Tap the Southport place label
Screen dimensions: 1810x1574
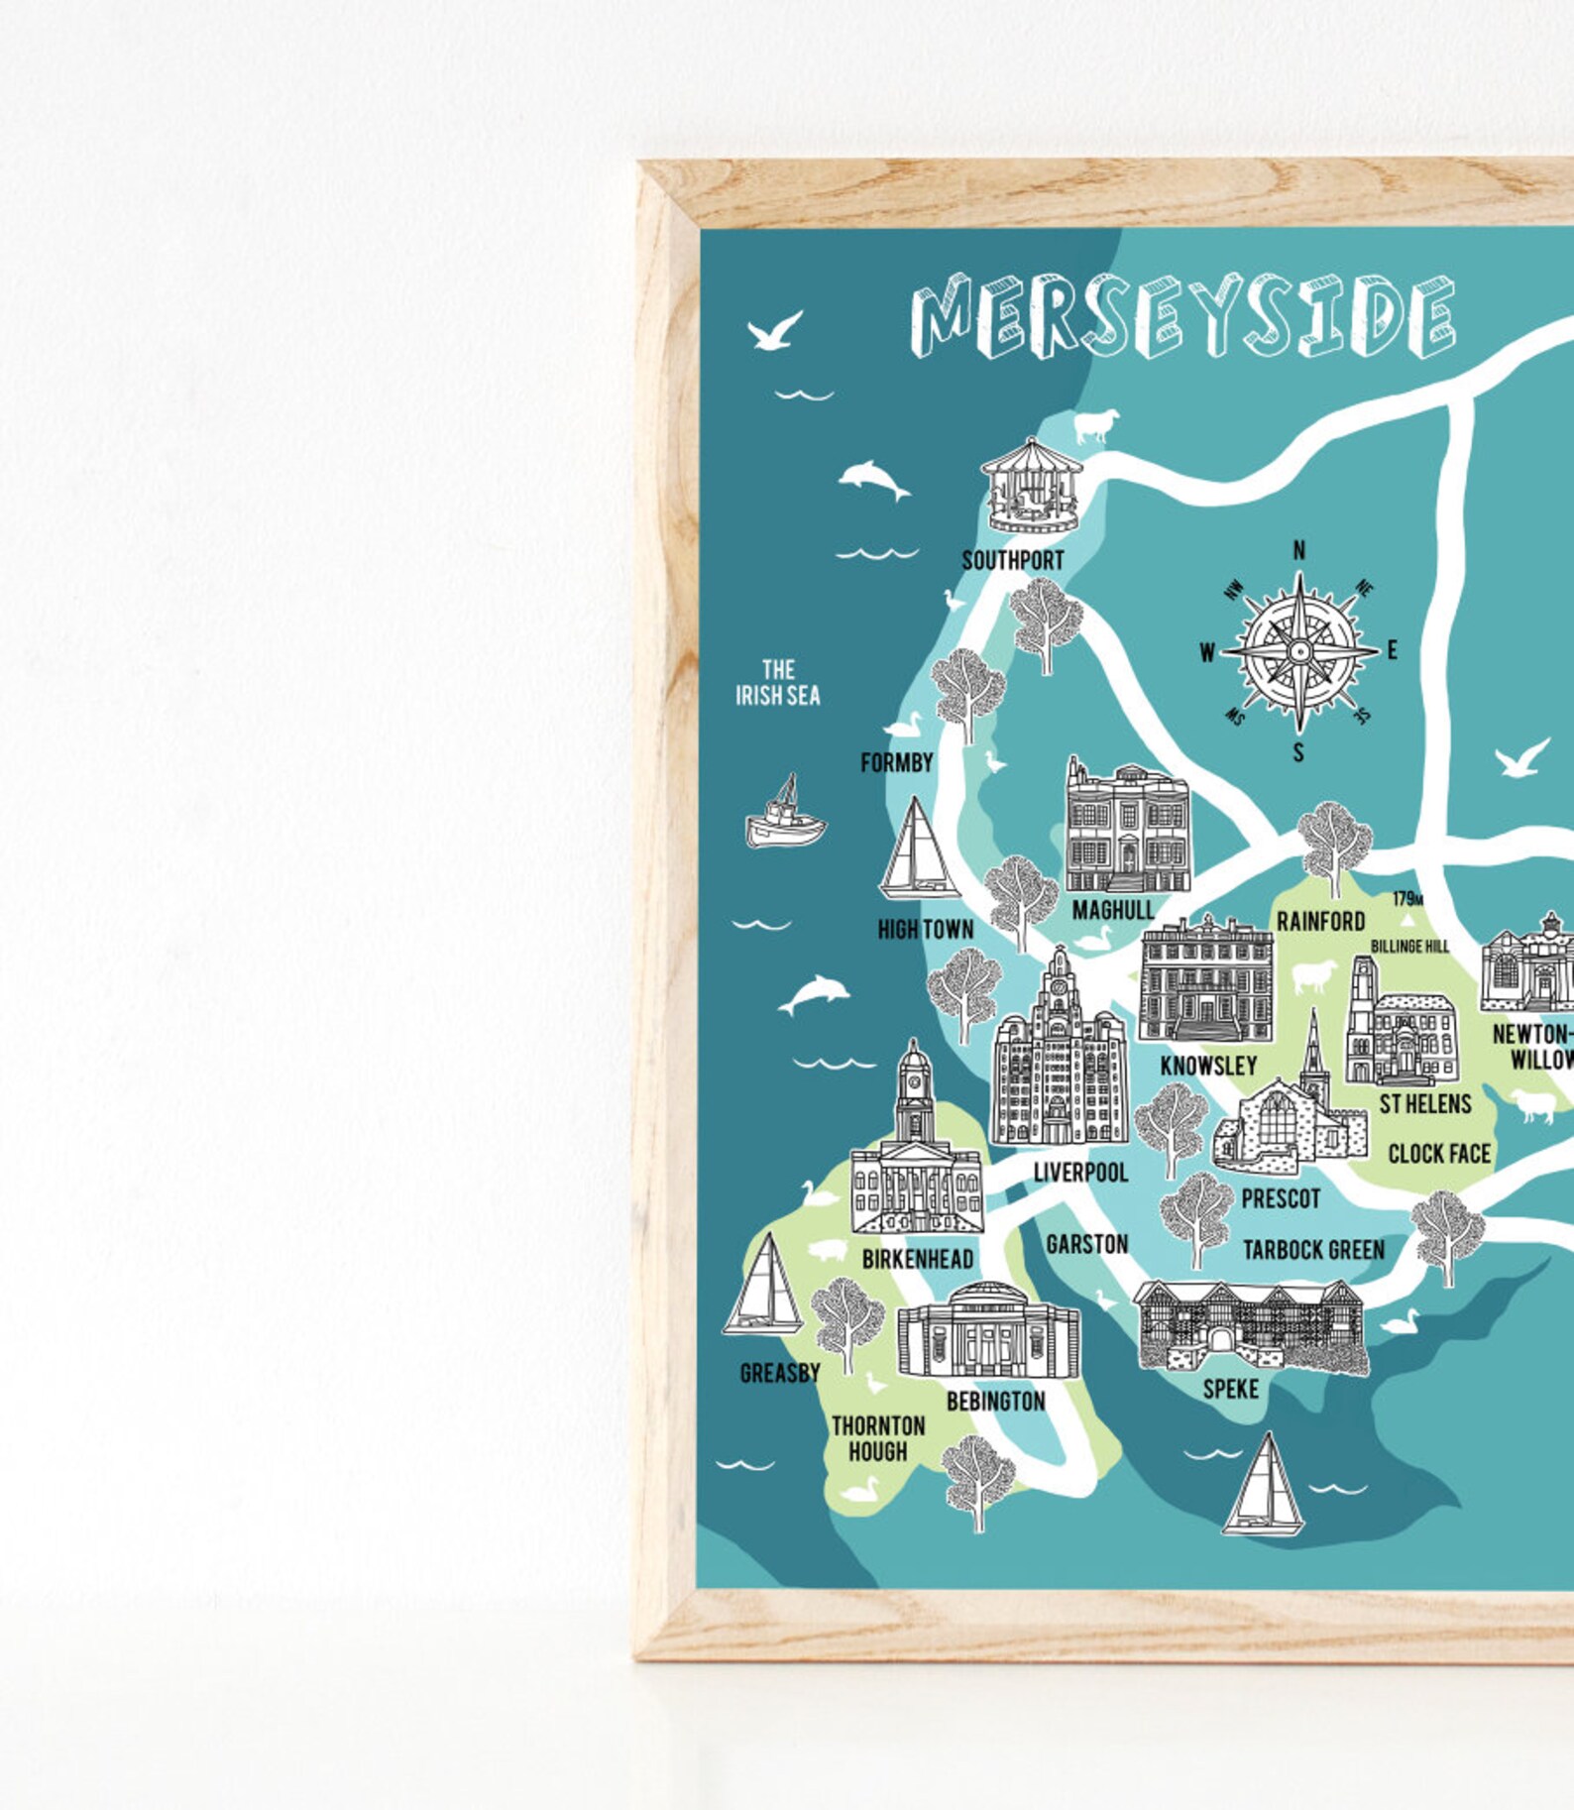(1012, 561)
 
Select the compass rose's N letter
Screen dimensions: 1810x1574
(1298, 551)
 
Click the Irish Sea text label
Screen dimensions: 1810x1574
(778, 683)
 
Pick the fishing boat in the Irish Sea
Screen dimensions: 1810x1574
(784, 814)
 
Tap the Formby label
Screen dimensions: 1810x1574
(897, 762)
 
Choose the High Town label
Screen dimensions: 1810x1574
(926, 929)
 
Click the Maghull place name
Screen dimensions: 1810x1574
(1112, 909)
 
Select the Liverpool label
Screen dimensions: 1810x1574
(1080, 1173)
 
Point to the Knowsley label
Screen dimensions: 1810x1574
(1208, 1066)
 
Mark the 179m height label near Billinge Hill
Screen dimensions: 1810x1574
(1407, 899)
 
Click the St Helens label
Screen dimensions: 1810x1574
(1425, 1103)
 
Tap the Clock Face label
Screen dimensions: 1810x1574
(1438, 1154)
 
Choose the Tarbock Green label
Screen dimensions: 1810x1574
(1313, 1250)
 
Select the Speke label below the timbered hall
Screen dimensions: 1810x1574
(1230, 1389)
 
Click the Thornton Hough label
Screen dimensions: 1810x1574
(878, 1438)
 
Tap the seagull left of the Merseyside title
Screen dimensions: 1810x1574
(774, 331)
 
